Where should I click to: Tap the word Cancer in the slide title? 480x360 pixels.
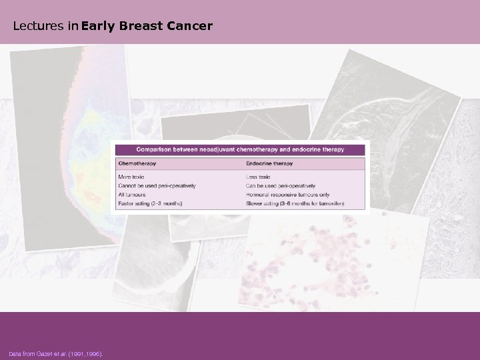pos(192,27)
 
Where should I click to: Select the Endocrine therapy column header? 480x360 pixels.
pos(270,163)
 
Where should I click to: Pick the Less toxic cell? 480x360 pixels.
pos(258,177)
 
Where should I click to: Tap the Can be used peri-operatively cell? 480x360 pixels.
pos(280,185)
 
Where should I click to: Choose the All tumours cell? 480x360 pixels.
pos(131,194)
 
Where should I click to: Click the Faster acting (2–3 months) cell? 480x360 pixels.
pos(150,203)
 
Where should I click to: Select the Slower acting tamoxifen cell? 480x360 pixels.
pos(294,203)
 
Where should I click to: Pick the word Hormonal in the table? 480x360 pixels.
pos(257,194)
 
